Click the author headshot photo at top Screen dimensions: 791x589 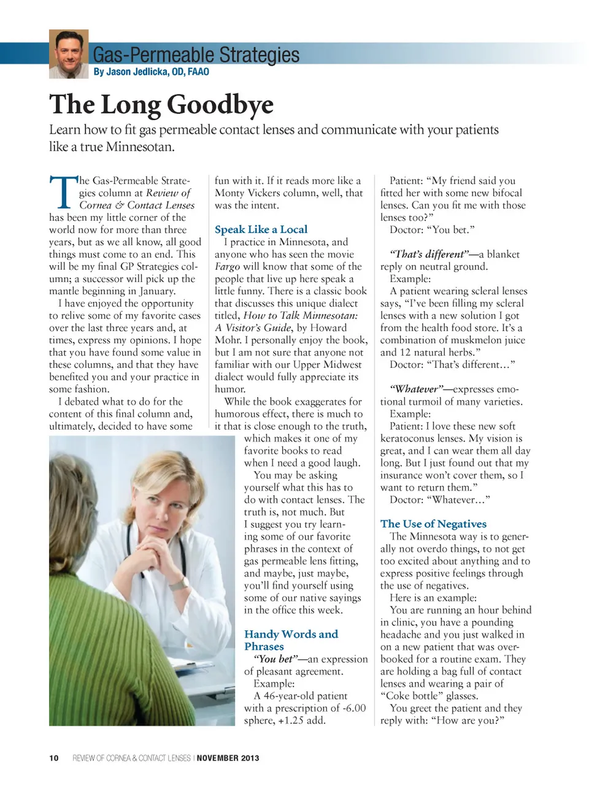69,54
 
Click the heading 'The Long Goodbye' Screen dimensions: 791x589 161,104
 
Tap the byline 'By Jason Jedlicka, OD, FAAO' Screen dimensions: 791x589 151,72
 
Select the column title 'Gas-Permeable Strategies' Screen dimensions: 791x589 196,55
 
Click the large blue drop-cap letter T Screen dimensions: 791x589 62,193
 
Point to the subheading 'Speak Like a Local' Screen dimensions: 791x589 261,229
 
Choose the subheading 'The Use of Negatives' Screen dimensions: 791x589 433,524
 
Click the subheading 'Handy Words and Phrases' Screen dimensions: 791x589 291,640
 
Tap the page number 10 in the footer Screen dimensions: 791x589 54,758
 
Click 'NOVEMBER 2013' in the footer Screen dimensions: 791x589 228,758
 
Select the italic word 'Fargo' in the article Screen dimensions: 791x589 227,267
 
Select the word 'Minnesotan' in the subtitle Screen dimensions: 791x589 140,147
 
